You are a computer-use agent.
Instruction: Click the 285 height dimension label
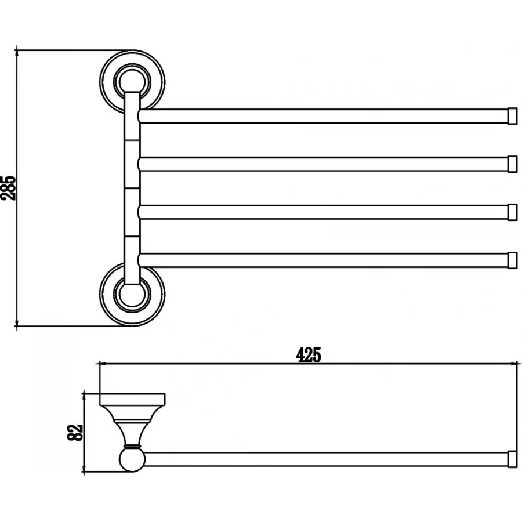(x=8, y=188)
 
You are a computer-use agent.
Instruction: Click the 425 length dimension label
(x=309, y=355)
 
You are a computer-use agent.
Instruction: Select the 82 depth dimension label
(x=75, y=433)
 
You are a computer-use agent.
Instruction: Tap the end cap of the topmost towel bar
(x=512, y=116)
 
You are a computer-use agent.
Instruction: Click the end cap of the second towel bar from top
(x=512, y=164)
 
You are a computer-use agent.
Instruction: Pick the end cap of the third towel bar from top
(x=512, y=212)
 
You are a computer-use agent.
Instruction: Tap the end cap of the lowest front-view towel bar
(x=512, y=260)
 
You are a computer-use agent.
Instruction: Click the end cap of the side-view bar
(x=512, y=459)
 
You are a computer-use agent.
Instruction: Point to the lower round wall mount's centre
(x=132, y=294)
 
